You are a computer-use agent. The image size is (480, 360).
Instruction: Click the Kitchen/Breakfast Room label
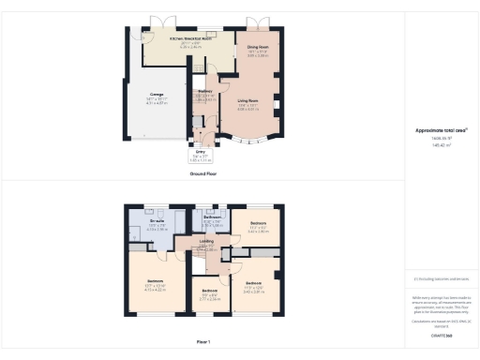pos(188,38)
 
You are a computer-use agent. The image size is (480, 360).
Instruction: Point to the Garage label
pos(157,94)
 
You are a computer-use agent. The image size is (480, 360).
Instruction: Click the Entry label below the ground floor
pos(200,151)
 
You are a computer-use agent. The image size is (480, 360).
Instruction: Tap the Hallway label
pos(204,91)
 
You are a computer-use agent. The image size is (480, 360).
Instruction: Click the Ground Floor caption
pos(205,173)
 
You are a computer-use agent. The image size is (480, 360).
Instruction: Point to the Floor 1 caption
pos(203,342)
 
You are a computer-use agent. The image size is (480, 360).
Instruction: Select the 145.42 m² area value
pos(441,145)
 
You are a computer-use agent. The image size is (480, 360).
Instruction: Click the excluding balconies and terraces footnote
pos(441,278)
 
